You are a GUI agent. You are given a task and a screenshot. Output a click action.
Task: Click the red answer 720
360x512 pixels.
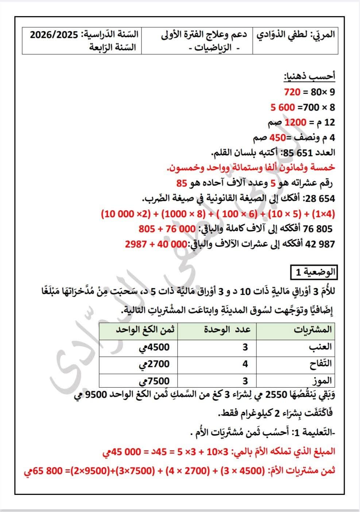(292, 92)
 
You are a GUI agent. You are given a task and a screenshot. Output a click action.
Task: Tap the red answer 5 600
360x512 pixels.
(282, 108)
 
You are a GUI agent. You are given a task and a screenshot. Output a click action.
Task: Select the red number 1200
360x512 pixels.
(295, 122)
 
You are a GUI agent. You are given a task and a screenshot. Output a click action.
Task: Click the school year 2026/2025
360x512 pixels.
(54, 35)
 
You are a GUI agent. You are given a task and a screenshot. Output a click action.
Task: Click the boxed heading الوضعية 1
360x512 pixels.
(313, 272)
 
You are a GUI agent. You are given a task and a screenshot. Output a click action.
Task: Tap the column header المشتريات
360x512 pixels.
(313, 330)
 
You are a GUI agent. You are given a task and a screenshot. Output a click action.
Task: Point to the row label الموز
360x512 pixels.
(321, 381)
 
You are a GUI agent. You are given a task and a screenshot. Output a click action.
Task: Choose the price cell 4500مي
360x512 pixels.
(154, 347)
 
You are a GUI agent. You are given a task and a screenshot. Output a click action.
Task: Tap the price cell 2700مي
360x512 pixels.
(154, 364)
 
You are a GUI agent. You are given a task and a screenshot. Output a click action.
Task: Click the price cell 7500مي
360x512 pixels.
(154, 381)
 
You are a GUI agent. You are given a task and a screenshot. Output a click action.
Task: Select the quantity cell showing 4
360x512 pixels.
(245, 364)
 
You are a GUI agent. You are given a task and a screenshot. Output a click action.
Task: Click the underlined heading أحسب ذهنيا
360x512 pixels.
(310, 77)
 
